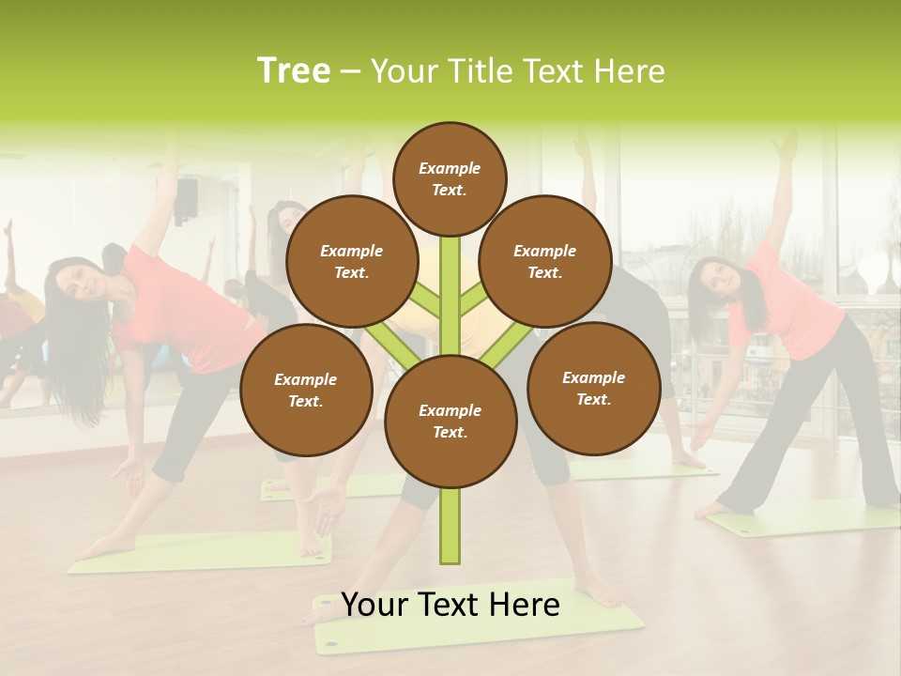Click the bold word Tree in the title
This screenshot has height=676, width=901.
tap(294, 71)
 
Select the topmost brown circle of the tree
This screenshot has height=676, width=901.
tap(450, 178)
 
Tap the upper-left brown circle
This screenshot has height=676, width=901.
tap(352, 261)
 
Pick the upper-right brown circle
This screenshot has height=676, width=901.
tap(545, 261)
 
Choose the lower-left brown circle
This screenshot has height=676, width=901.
tap(306, 390)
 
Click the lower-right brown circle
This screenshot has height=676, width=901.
tap(594, 388)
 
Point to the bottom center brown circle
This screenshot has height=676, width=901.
tap(450, 421)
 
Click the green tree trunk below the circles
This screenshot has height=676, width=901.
tap(450, 526)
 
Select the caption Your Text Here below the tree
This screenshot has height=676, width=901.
tap(450, 605)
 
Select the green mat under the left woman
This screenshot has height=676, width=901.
tap(202, 552)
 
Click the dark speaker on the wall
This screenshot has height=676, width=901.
tap(188, 195)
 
